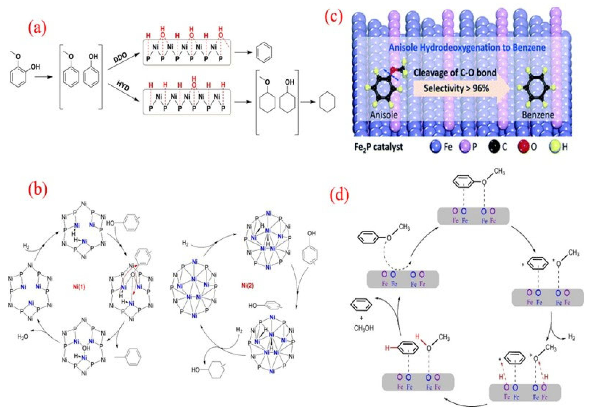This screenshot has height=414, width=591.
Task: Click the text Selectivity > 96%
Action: (x=456, y=88)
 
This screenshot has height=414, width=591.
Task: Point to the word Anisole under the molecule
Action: (x=384, y=115)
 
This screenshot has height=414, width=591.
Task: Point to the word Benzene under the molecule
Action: (x=538, y=115)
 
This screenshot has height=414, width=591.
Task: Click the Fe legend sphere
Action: (x=436, y=147)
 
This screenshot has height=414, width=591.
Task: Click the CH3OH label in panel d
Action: (x=363, y=328)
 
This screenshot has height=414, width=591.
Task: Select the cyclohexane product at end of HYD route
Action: (x=327, y=102)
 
